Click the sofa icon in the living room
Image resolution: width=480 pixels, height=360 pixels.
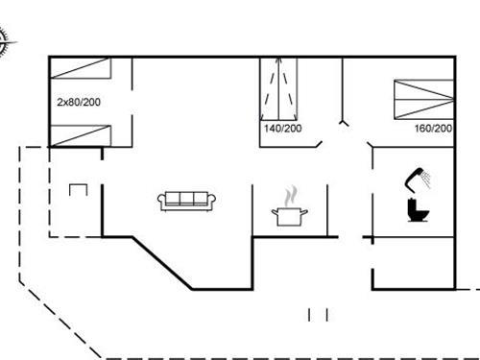[188, 200]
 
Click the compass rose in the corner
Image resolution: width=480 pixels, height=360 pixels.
[3, 39]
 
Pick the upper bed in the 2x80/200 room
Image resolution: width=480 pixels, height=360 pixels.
[81, 67]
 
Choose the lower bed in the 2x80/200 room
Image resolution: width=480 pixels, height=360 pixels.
[81, 135]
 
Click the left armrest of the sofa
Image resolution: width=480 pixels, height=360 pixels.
[161, 200]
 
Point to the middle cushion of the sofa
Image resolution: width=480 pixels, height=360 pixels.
[188, 199]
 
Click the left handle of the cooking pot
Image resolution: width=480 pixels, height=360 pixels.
[276, 209]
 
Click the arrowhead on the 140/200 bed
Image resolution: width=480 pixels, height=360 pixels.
[279, 63]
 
